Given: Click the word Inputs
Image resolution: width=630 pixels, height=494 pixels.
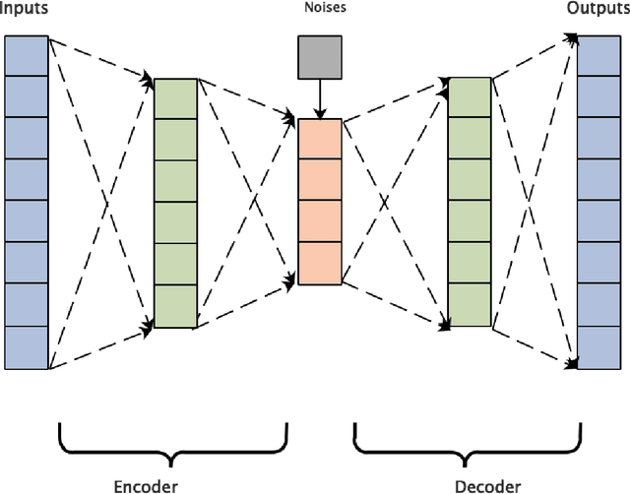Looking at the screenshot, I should [x=23, y=9].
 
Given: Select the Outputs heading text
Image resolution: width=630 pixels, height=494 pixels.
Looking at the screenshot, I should [x=598, y=9].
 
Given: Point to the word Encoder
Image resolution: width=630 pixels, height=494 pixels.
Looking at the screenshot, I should [x=146, y=485].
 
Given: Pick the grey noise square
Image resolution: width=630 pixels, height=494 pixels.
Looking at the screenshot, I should [x=319, y=56].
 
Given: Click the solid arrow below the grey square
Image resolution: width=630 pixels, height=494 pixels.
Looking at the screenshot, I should [x=319, y=98].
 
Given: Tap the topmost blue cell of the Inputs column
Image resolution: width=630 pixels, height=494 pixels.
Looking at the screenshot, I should [x=27, y=55].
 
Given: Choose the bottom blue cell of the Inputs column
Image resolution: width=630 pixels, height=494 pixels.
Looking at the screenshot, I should [x=27, y=347].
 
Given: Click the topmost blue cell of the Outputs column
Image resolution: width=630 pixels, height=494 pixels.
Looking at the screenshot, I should [x=598, y=55].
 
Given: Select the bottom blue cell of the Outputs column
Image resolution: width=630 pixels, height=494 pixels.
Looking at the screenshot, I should [x=598, y=347].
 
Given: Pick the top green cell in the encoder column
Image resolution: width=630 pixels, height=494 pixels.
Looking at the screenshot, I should [x=176, y=98].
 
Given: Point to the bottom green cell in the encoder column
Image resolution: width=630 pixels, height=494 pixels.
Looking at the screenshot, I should [x=176, y=306].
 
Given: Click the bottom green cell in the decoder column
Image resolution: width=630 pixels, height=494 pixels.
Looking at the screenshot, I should [x=469, y=306].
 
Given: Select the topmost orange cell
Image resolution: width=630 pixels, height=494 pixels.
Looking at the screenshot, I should [x=319, y=139].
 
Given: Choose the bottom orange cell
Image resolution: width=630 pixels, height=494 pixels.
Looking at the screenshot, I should [x=319, y=263].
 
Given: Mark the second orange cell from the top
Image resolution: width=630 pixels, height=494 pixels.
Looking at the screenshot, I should [x=319, y=180].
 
